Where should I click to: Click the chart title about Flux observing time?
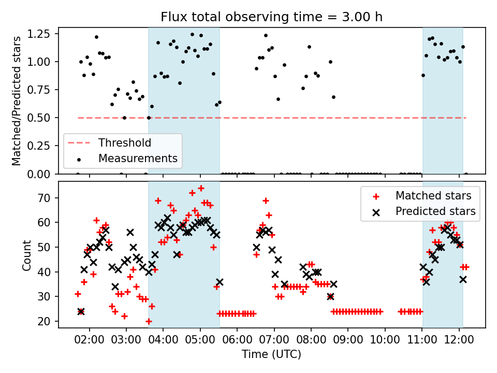(272, 17)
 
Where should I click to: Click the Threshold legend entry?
(125, 142)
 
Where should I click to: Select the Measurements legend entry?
(138, 158)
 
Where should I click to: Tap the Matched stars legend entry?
(433, 196)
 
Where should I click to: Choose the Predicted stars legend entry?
(435, 211)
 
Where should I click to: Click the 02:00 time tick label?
(90, 338)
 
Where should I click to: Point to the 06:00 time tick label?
(237, 338)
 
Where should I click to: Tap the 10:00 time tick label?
(385, 338)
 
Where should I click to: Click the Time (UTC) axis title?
(272, 354)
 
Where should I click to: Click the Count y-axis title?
(26, 254)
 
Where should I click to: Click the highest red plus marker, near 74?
(201, 188)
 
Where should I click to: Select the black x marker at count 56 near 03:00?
(130, 233)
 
